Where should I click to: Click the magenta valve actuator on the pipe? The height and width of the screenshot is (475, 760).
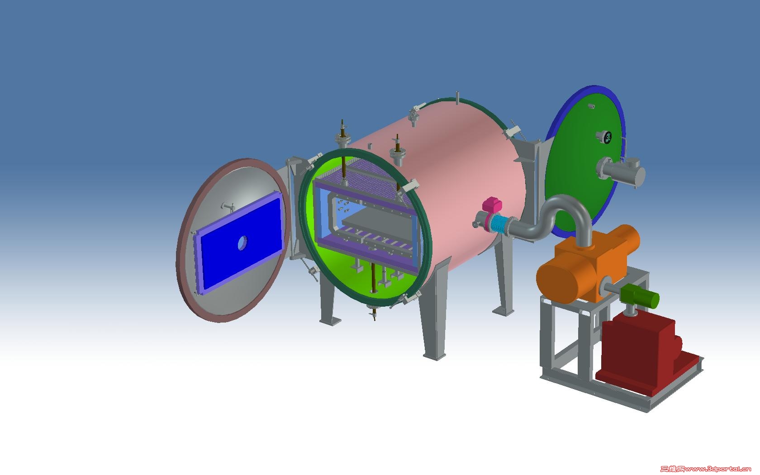coord(492,205)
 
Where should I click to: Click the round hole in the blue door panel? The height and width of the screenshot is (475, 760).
coord(242,243)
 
